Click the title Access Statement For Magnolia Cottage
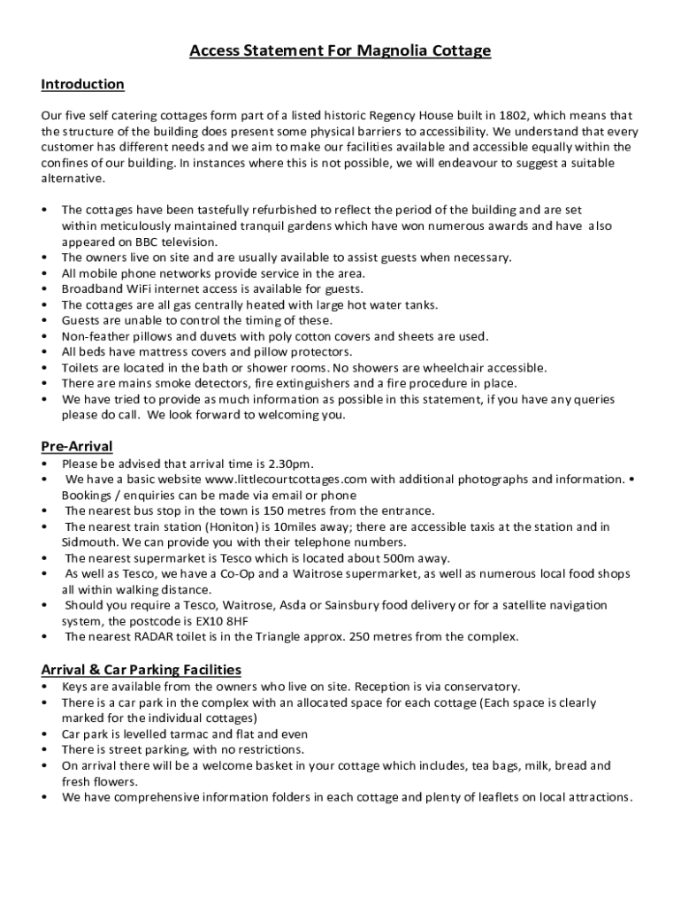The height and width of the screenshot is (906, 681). [x=340, y=51]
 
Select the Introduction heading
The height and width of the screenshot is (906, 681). [x=82, y=85]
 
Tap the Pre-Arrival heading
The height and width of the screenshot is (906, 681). [x=77, y=446]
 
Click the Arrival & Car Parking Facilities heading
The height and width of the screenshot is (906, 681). [x=142, y=670]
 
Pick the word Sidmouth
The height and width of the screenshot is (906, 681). [x=89, y=542]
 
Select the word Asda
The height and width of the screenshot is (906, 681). [x=310, y=605]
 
